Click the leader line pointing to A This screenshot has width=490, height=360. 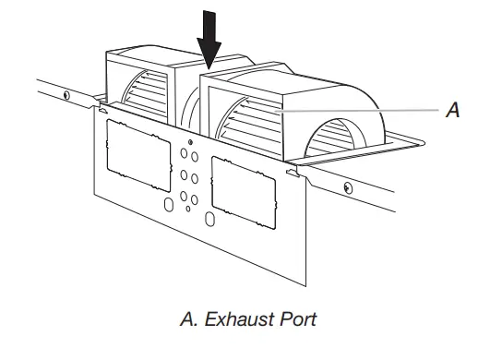(x=369, y=111)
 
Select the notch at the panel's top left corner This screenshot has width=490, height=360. (x=101, y=111)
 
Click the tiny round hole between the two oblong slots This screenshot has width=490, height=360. (x=189, y=209)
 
